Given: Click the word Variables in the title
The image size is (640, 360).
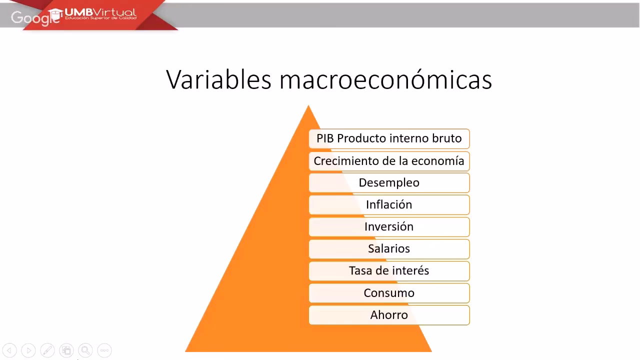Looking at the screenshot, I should tap(218, 79).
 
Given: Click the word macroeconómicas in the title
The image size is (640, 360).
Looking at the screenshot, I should tap(385, 79).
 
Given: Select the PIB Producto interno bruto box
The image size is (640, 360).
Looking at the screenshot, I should tap(389, 138).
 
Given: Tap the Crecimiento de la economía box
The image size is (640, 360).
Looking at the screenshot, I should tap(389, 161).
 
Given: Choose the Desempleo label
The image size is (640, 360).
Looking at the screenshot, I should tap(389, 183).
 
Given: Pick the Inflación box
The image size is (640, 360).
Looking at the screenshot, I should tap(389, 205).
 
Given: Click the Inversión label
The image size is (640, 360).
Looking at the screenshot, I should tap(389, 227).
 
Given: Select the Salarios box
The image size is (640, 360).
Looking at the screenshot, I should tap(389, 249).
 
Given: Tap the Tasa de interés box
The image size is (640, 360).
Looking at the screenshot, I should tap(389, 271).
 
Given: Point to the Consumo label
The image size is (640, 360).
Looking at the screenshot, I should tap(389, 293).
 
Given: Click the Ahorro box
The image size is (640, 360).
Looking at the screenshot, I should tap(389, 315).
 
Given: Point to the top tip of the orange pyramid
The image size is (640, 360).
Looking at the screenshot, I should tap(308, 106).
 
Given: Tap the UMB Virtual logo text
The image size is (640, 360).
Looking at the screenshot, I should tap(100, 12).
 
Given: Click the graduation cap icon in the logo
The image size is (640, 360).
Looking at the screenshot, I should tap(55, 13).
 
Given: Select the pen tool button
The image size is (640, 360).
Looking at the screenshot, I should tap(47, 350).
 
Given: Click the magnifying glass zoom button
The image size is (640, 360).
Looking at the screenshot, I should tap(85, 350).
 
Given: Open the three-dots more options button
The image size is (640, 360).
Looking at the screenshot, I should tap(104, 350).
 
